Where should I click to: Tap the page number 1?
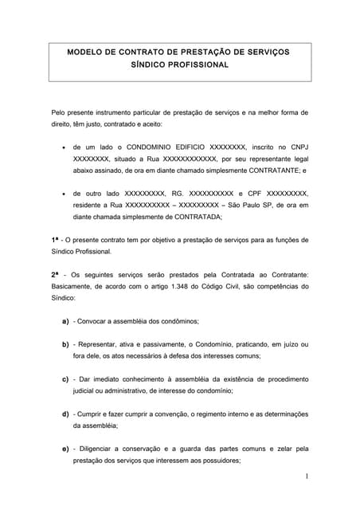click(x=305, y=477)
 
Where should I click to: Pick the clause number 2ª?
click(x=55, y=275)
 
